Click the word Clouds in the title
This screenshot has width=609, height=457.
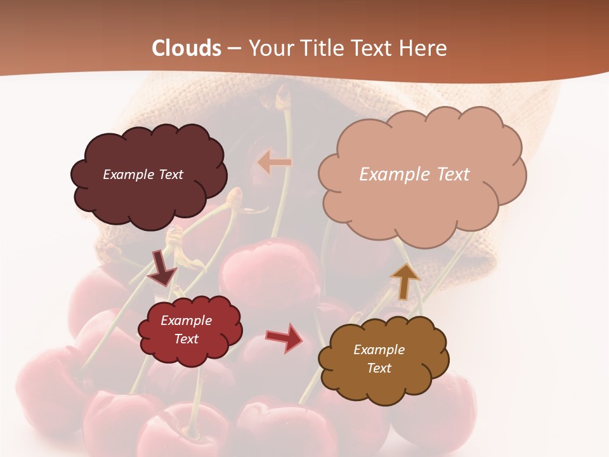(187, 48)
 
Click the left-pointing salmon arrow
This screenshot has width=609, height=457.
(275, 162)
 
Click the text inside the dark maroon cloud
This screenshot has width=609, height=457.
(143, 175)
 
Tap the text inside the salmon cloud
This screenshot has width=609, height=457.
(414, 175)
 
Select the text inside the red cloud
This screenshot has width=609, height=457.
(186, 329)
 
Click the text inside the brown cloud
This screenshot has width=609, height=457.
(379, 359)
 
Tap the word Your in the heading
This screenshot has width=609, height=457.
(271, 48)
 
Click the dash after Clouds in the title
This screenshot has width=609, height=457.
(234, 49)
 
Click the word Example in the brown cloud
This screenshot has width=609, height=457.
(379, 350)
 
